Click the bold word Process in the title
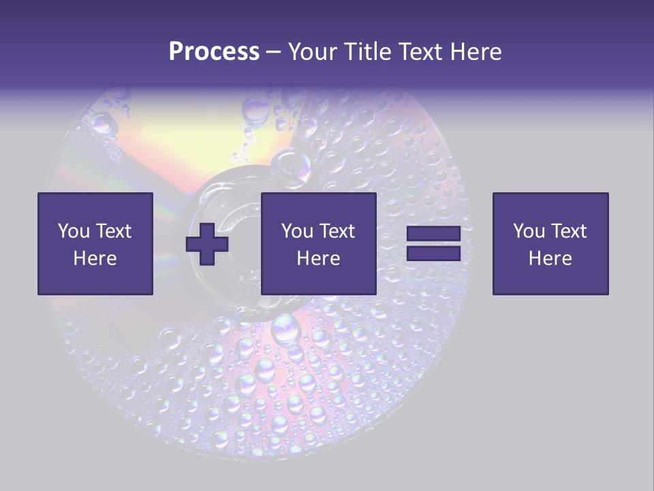point(214,52)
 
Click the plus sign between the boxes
point(207,244)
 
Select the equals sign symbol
point(433,244)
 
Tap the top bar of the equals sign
point(433,234)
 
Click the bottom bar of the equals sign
point(433,254)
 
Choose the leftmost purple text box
point(95,243)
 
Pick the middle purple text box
point(318,243)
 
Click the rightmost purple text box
point(550,243)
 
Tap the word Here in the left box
point(95,258)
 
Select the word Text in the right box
point(567,231)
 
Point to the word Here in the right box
point(550,258)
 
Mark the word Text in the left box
point(112,231)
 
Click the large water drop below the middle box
point(285,329)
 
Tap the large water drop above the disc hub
point(292,164)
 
